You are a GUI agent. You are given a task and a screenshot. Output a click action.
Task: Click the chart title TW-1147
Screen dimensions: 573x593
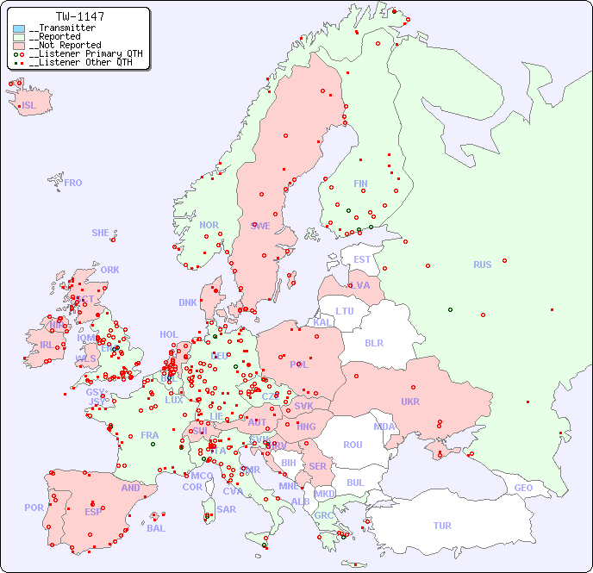[79, 16]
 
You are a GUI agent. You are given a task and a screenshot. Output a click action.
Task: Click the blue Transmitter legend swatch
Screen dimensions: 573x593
[19, 28]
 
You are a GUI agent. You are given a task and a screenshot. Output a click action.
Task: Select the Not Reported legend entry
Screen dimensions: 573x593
[65, 45]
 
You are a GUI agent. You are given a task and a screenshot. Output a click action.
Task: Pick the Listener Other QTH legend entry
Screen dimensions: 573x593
[80, 62]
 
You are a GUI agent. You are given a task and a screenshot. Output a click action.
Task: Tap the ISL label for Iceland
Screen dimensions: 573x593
[28, 106]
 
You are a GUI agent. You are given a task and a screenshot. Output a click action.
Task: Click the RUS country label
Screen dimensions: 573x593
[482, 265]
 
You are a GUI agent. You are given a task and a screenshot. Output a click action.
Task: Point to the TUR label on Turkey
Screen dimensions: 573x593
[442, 526]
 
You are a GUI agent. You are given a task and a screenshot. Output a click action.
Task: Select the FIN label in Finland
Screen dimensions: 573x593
[360, 184]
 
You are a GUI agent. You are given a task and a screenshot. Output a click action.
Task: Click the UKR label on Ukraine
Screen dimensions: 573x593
[409, 402]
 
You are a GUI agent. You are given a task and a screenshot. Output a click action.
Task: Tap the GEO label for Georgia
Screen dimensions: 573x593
[523, 488]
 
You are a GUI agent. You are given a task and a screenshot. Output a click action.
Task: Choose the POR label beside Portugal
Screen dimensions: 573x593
[34, 508]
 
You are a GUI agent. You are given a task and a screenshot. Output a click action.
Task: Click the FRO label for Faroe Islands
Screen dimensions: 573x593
[73, 183]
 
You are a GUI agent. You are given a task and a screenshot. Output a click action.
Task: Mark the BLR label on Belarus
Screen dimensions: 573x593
[373, 342]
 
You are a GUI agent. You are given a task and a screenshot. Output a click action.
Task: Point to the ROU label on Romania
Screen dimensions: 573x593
[353, 445]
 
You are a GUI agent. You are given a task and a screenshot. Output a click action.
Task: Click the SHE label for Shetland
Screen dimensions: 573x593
[101, 233]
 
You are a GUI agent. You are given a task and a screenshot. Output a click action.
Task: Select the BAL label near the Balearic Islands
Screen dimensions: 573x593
[156, 528]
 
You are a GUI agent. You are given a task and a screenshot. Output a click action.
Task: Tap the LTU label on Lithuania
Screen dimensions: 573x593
[345, 311]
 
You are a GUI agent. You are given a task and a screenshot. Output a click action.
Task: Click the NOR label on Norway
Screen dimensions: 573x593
[209, 225]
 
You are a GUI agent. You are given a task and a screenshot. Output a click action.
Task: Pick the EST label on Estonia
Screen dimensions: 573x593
[362, 259]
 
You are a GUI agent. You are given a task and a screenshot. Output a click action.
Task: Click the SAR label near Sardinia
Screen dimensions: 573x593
[226, 509]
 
